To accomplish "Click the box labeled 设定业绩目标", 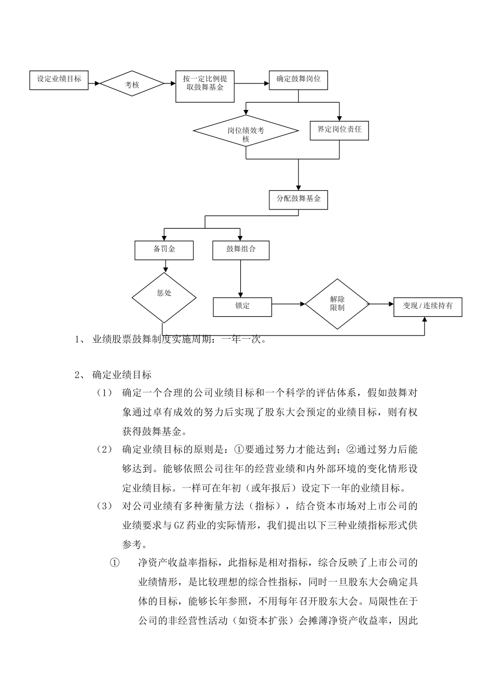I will [59, 80].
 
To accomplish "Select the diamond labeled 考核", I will [132, 84].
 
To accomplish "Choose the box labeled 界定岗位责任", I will [339, 130].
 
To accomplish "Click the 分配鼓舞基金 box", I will [298, 200].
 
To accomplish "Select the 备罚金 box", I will [164, 250].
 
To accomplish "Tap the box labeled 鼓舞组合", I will [241, 250].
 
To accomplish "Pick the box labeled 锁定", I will [242, 306].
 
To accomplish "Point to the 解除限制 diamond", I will [337, 304].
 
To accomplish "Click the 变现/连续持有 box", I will [428, 306].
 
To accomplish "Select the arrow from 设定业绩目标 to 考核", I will [94, 83].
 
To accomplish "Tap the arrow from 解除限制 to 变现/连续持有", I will [381, 304].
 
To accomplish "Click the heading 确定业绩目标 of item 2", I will [122, 374].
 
